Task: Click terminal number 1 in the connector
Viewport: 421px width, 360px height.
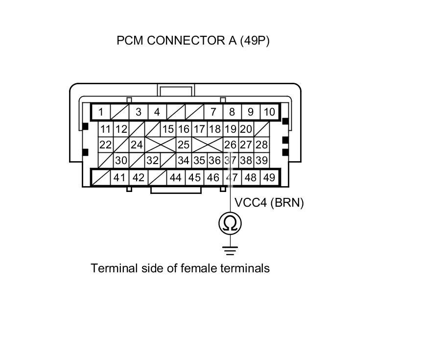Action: [x=100, y=112]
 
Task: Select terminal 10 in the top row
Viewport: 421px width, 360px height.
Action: [x=269, y=112]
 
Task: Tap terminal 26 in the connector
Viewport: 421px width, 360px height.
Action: [x=231, y=145]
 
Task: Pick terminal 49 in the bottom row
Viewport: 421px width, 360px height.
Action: [x=269, y=177]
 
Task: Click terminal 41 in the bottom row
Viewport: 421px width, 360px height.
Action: [x=119, y=177]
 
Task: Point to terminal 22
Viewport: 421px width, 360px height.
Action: [x=105, y=145]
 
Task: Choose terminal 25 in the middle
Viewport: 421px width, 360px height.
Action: [x=184, y=145]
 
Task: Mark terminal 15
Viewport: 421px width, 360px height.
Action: [x=168, y=129]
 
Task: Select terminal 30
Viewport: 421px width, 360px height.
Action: [x=121, y=160]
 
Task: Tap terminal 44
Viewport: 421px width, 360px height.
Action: [x=176, y=177]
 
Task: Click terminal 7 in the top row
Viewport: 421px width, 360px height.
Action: [x=213, y=112]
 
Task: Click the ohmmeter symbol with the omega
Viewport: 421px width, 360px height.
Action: [x=230, y=223]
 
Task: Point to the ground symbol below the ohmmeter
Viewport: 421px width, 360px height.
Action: [x=230, y=250]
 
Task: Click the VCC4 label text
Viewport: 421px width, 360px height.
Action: [x=251, y=203]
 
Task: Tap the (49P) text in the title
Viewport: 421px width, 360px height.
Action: [x=255, y=41]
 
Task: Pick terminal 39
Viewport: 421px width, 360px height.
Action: [x=262, y=160]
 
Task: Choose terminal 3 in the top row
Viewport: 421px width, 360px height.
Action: [x=139, y=112]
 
